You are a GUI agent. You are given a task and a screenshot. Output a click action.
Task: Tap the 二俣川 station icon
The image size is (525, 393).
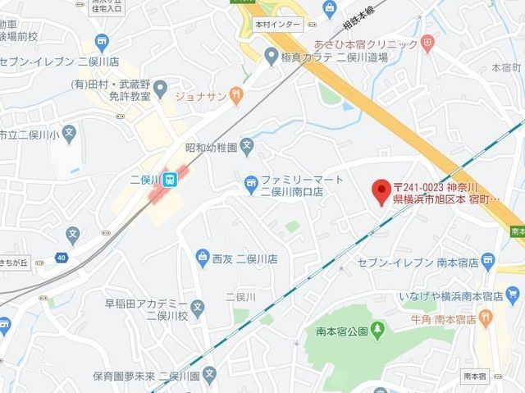point(170,179)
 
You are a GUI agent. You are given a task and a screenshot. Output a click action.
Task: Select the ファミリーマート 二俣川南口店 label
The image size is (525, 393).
point(292,185)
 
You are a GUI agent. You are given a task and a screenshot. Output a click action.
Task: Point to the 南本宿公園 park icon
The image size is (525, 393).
point(377,331)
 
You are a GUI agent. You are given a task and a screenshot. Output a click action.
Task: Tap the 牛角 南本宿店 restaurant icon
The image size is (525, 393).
point(486,317)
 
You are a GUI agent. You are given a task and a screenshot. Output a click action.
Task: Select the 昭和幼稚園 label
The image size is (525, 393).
point(211,148)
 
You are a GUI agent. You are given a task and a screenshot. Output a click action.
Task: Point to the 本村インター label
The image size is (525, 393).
point(277,26)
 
